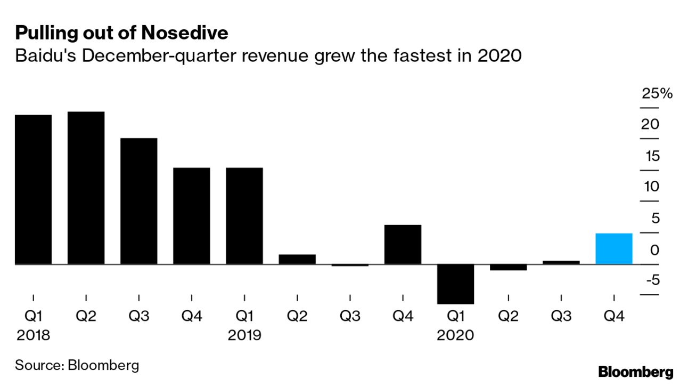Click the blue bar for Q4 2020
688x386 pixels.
613,248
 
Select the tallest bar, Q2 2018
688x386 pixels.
86,188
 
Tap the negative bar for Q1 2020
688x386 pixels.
455,284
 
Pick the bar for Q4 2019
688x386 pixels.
403,244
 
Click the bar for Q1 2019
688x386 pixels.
244,216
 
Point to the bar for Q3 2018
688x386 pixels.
138,201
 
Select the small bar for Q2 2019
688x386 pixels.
297,259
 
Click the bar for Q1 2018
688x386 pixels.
33,189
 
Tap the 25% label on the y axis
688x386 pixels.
657,94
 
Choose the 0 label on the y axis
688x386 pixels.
654,250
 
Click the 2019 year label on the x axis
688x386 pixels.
244,335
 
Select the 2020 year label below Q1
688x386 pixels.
455,335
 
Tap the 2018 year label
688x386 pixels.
33,335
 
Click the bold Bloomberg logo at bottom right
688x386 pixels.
635,372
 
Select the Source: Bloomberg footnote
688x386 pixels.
77,365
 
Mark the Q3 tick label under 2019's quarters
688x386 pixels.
349,317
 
